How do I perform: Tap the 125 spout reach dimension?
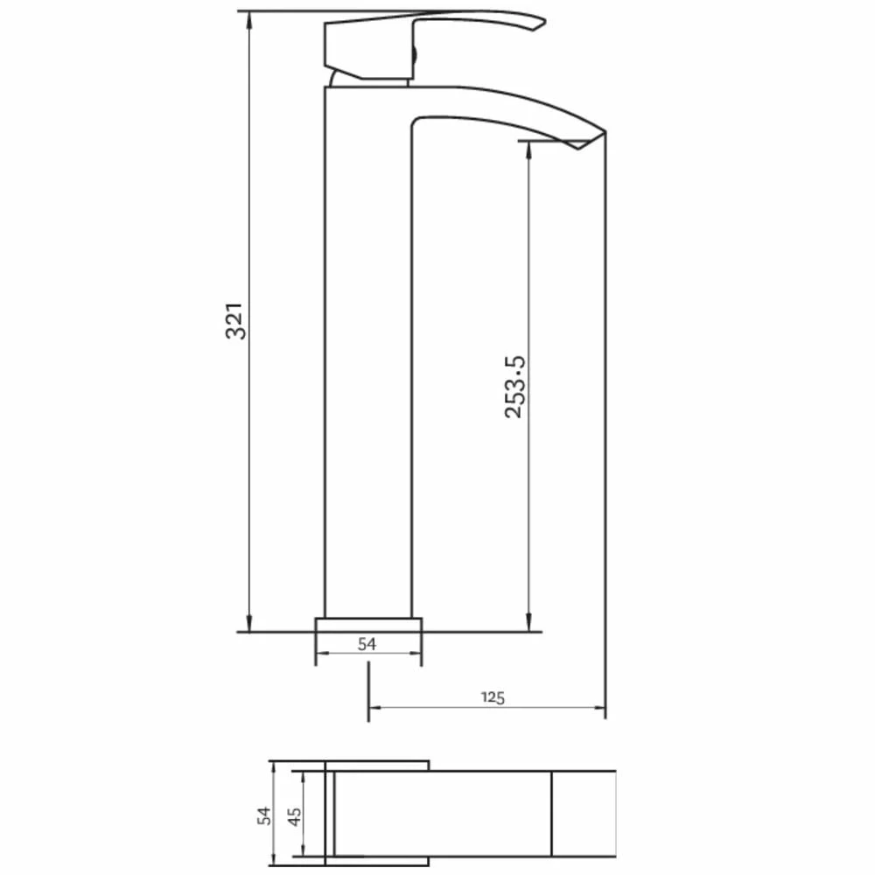pyautogui.click(x=493, y=697)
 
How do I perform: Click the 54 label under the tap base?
pyautogui.click(x=367, y=644)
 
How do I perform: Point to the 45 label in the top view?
pyautogui.click(x=294, y=816)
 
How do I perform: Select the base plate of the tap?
pyautogui.click(x=368, y=624)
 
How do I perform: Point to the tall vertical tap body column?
pyautogui.click(x=367, y=350)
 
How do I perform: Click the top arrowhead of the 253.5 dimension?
pyautogui.click(x=528, y=146)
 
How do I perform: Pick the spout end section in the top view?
pyautogui.click(x=584, y=814)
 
